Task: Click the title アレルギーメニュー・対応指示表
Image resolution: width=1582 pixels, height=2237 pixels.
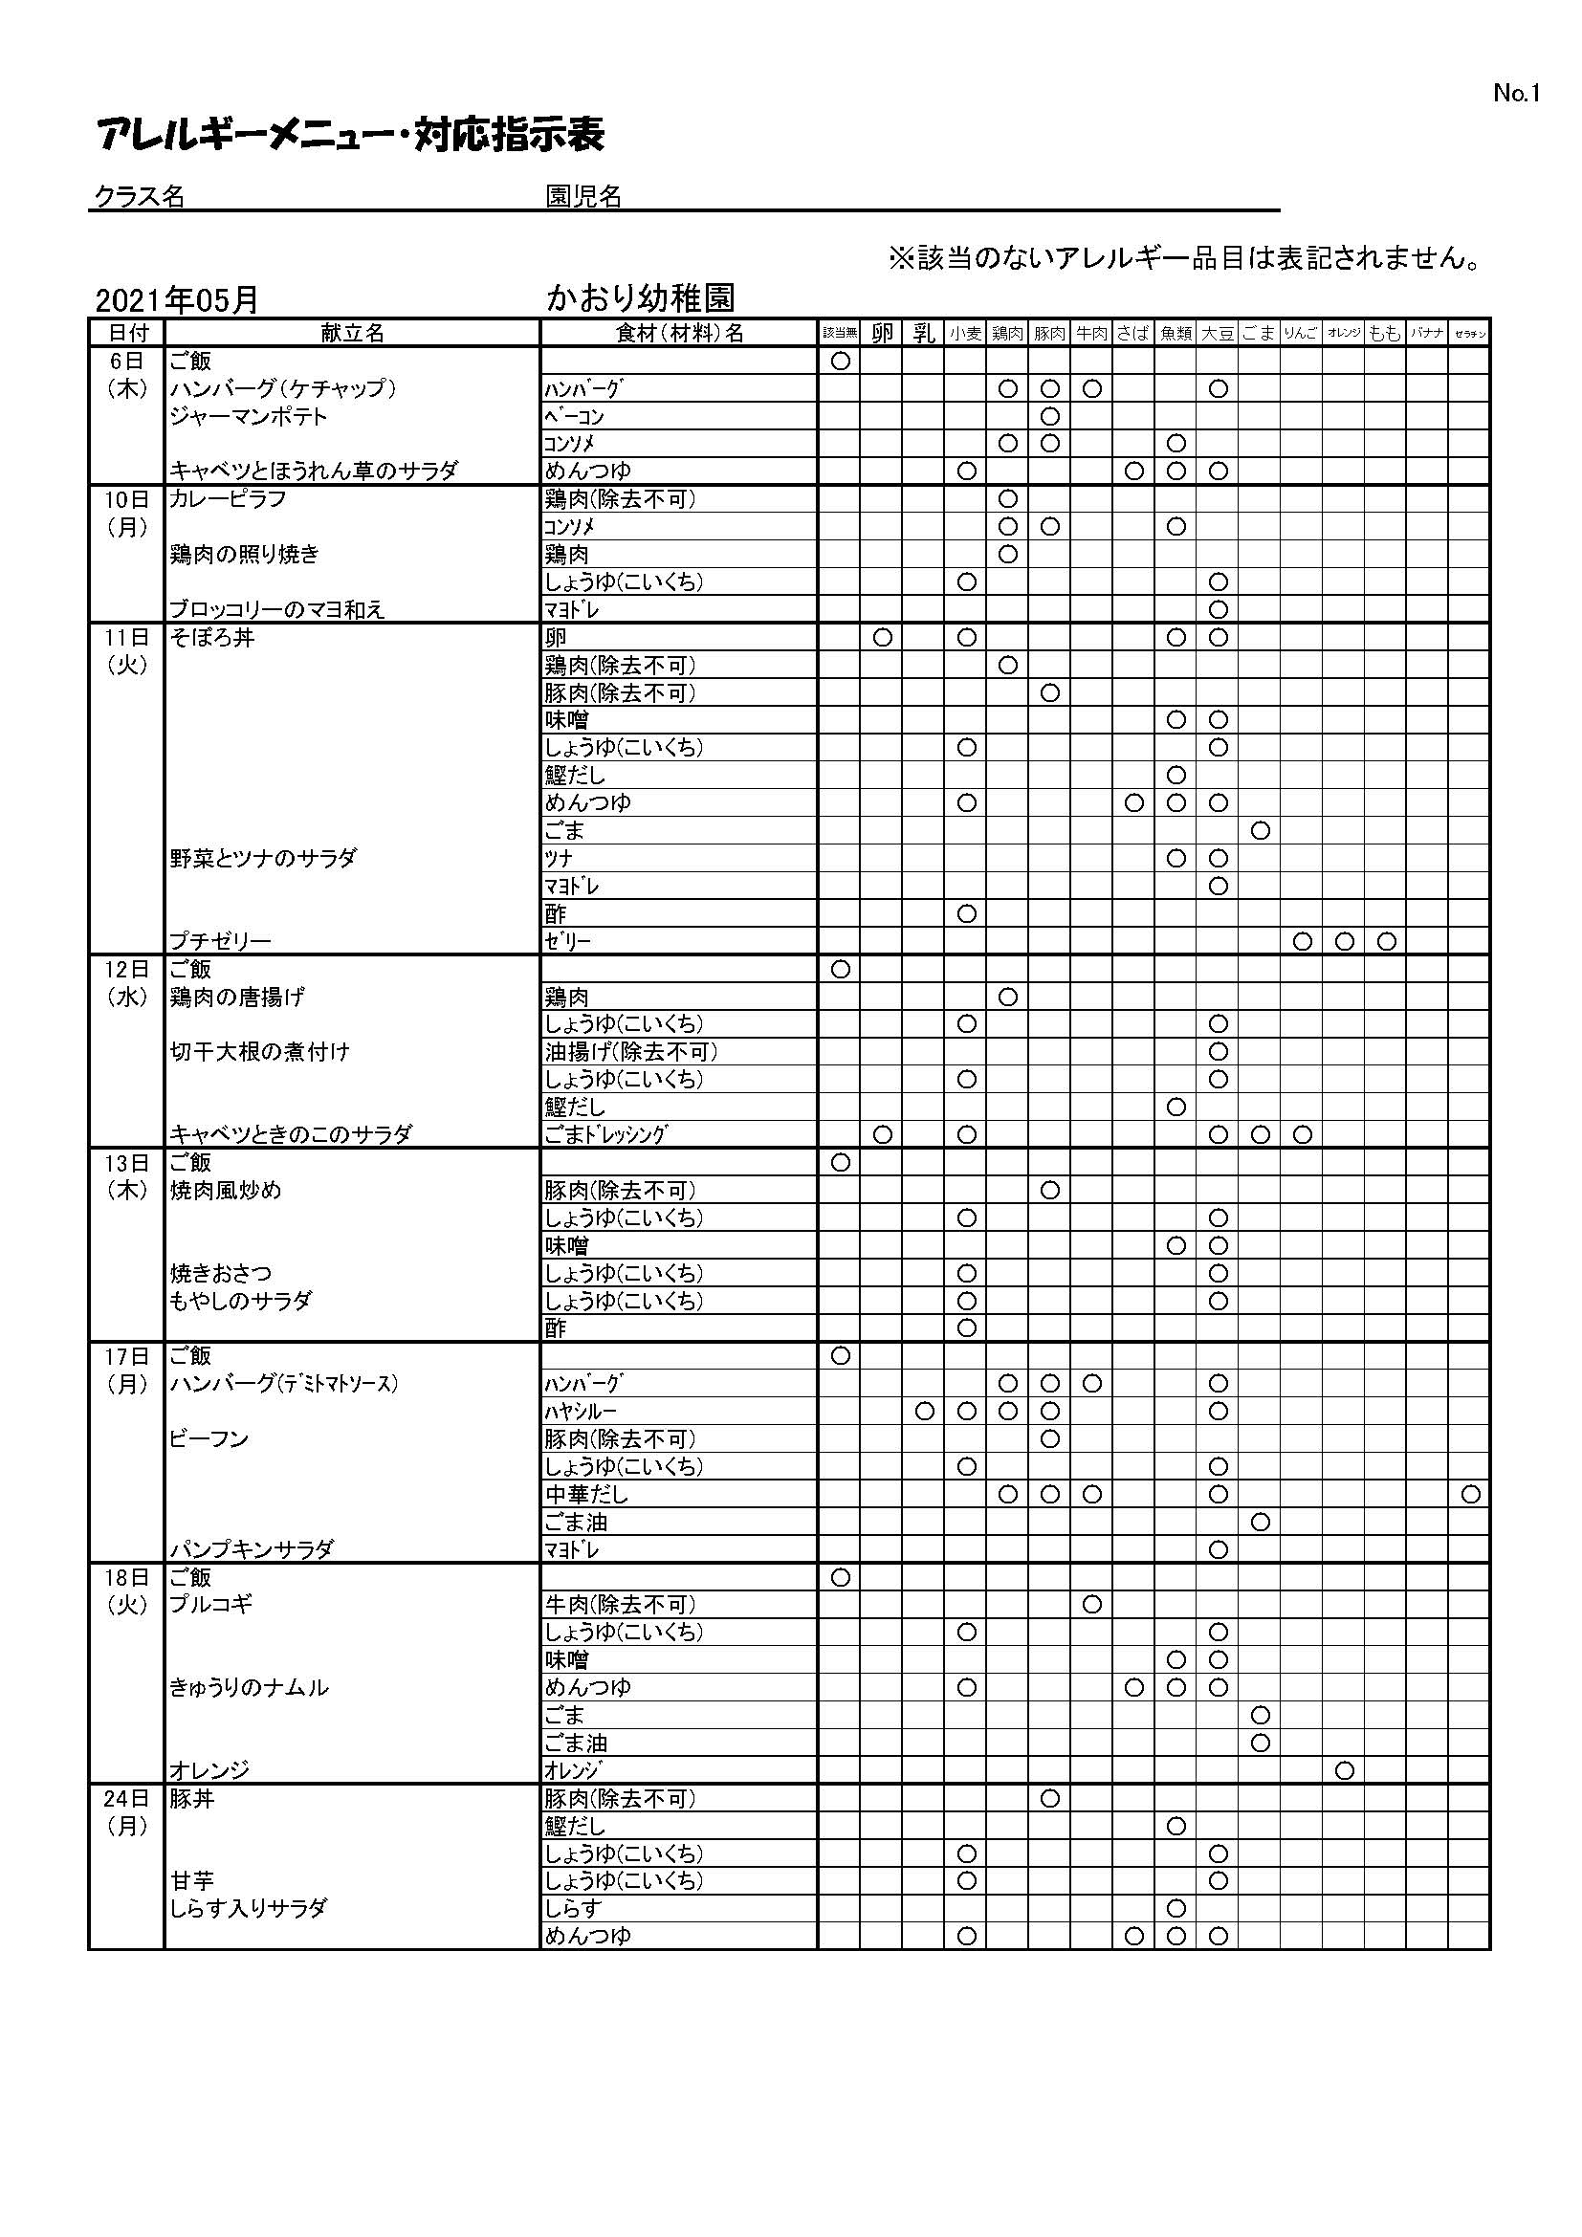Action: tap(351, 135)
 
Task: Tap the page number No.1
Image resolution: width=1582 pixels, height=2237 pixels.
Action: tap(1516, 94)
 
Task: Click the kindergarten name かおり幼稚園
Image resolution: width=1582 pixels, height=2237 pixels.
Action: tap(640, 298)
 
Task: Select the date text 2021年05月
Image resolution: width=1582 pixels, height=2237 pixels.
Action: tap(176, 300)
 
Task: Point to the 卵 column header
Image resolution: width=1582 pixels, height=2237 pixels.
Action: tap(882, 333)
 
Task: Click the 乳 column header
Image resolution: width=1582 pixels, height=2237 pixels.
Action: tap(924, 333)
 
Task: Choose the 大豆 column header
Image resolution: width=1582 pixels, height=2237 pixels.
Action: tap(1218, 333)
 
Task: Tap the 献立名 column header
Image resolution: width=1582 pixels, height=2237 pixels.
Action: tap(353, 333)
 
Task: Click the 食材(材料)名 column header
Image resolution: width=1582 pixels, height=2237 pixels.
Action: tap(679, 333)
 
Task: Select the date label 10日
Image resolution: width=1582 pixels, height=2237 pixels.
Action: tap(126, 500)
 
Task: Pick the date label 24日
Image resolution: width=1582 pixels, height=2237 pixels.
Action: tap(126, 1799)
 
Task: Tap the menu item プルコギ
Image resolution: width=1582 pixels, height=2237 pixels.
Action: tap(210, 1605)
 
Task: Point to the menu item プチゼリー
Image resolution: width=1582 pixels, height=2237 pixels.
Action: tap(220, 941)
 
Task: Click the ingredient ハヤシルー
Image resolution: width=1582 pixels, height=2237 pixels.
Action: tap(581, 1412)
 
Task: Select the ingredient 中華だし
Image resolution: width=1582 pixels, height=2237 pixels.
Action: tap(586, 1495)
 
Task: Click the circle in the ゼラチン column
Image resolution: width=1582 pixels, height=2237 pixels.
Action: tap(1470, 1494)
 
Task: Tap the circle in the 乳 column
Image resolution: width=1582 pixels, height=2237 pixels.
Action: tap(925, 1411)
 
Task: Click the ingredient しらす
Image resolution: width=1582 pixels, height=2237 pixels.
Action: tap(573, 1909)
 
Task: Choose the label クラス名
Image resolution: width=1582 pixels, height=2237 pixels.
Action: tap(140, 197)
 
